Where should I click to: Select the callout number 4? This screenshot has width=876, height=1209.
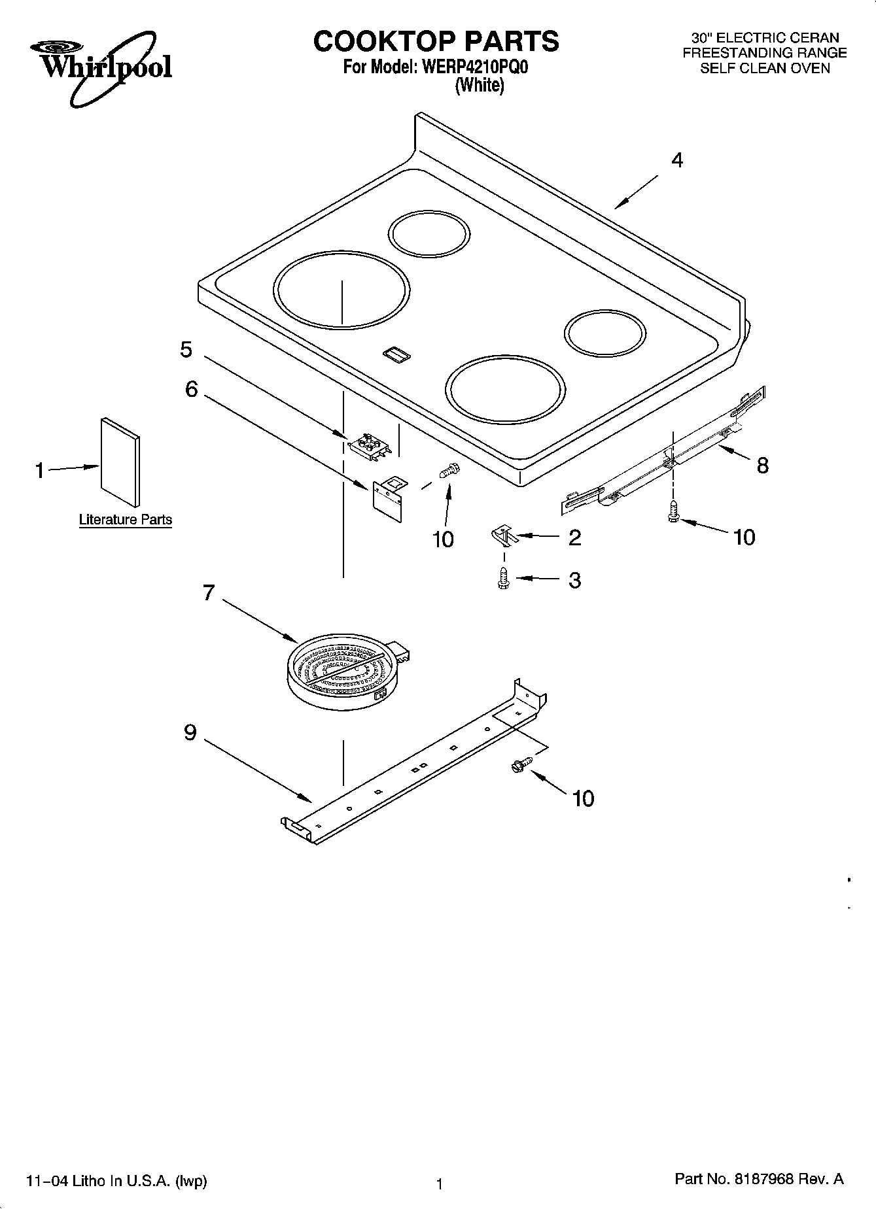677,160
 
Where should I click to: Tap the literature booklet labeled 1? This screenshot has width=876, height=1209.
119,462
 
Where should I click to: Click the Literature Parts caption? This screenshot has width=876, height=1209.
126,520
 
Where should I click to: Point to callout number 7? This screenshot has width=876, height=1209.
208,593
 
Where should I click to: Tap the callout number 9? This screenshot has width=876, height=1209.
190,733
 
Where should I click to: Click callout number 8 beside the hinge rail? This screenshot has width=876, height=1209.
762,466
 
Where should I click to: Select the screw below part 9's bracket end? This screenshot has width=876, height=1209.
522,764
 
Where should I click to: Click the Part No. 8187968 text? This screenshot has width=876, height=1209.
758,1179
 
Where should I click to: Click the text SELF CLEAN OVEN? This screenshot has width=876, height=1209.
764,68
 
